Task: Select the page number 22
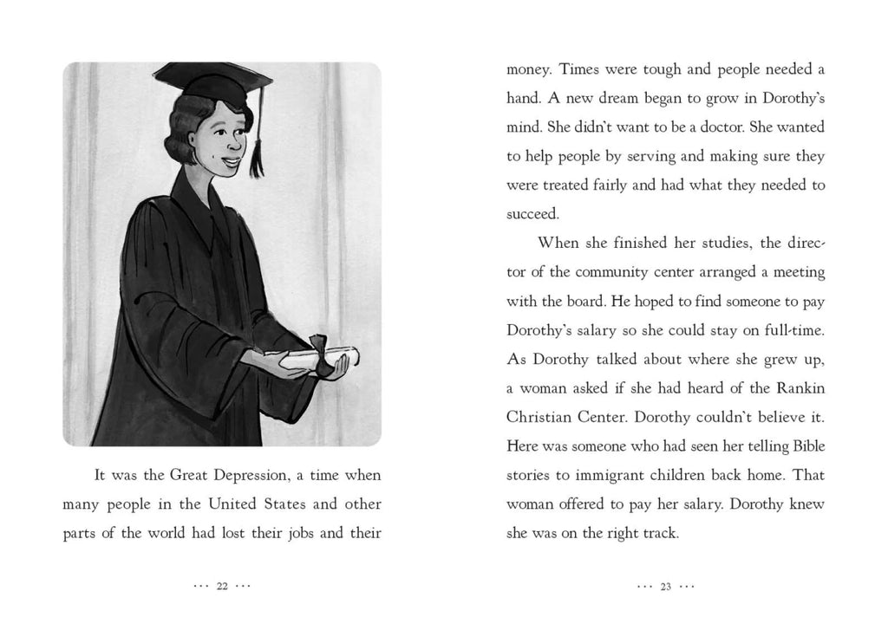pos(221,587)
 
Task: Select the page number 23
pos(666,587)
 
